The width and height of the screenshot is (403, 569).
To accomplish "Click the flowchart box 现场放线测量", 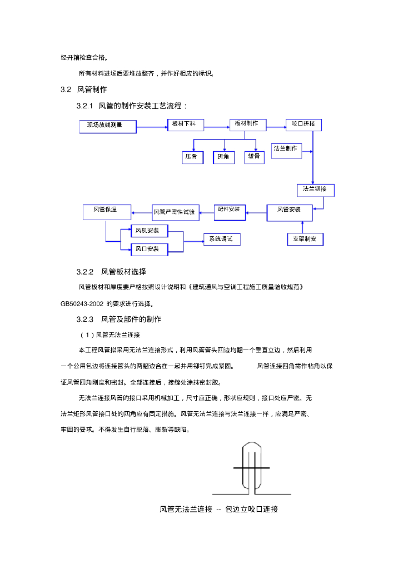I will (108, 126).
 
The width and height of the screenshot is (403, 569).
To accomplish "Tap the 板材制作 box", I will (248, 124).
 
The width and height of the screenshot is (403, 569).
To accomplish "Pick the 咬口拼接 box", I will (304, 124).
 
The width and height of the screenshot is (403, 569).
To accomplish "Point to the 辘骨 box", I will (255, 157).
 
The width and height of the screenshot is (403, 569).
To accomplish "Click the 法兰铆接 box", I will (315, 190).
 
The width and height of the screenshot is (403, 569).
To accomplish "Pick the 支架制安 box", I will (305, 239).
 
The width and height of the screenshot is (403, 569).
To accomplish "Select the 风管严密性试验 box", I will (175, 212).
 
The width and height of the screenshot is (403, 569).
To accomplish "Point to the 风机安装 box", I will (148, 231).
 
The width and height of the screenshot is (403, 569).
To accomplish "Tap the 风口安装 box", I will (148, 249).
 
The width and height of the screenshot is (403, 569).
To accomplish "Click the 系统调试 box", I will (222, 239).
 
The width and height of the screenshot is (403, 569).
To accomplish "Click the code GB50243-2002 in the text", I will (82, 304).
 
